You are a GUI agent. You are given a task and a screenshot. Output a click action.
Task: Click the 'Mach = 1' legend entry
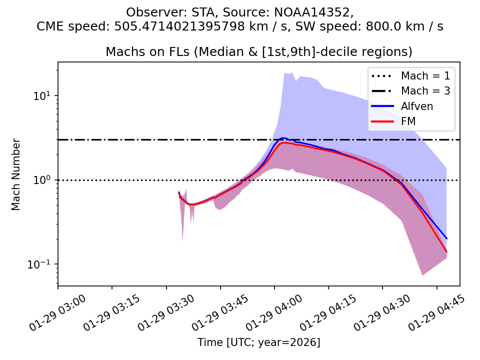(x=425, y=76)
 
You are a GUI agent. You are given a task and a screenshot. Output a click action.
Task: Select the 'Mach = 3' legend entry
(x=425, y=91)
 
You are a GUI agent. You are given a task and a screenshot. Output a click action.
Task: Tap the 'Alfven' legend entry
(x=416, y=106)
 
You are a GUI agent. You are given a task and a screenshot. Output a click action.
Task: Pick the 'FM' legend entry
(x=408, y=121)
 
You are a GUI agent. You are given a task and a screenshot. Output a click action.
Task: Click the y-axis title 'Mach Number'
(x=16, y=174)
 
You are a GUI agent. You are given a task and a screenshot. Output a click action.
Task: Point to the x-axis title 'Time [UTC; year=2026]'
(x=258, y=342)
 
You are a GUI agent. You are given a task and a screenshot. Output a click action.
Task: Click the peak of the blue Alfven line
(x=283, y=137)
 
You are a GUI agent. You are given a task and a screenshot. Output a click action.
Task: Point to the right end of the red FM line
(x=446, y=252)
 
